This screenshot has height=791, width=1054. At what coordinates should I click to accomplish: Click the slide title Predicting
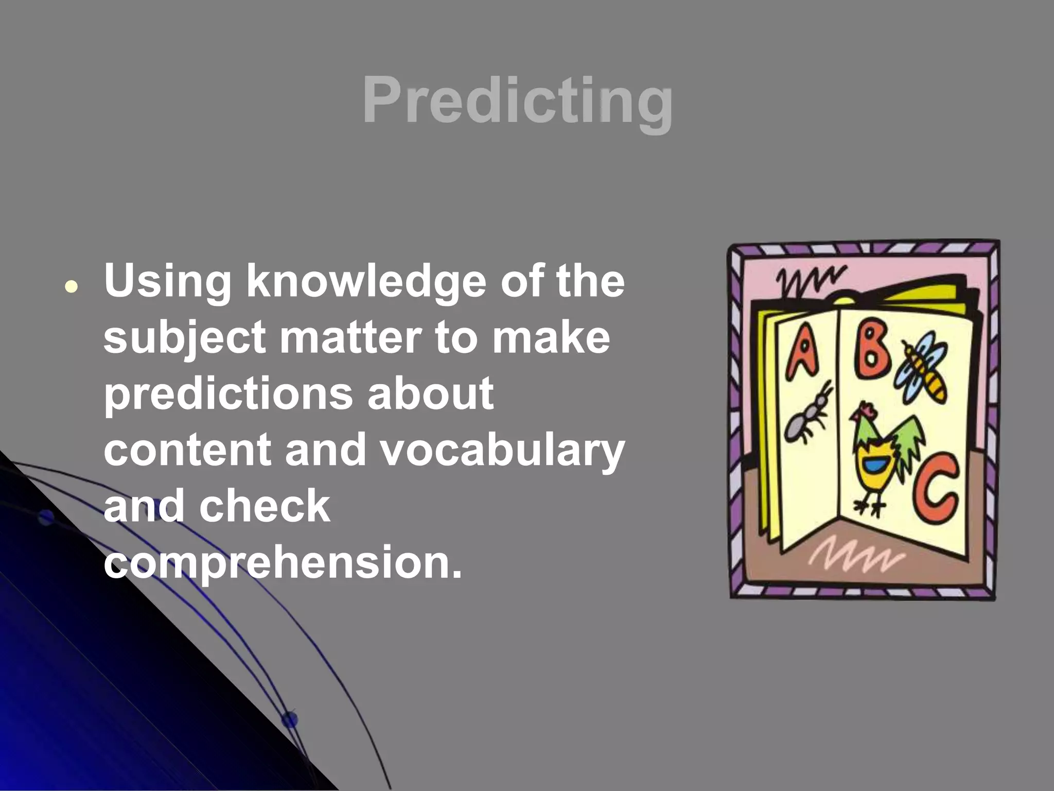click(517, 100)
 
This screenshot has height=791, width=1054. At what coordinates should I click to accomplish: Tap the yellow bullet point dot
click(72, 286)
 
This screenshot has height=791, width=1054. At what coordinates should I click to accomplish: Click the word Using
click(167, 282)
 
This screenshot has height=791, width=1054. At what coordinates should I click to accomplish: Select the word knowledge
click(366, 282)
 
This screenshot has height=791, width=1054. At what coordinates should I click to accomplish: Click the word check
click(265, 506)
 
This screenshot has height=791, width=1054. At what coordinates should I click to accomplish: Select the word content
click(187, 450)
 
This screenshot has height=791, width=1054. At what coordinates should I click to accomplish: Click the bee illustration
click(922, 367)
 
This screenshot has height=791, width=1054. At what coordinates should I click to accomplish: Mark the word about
click(430, 394)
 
